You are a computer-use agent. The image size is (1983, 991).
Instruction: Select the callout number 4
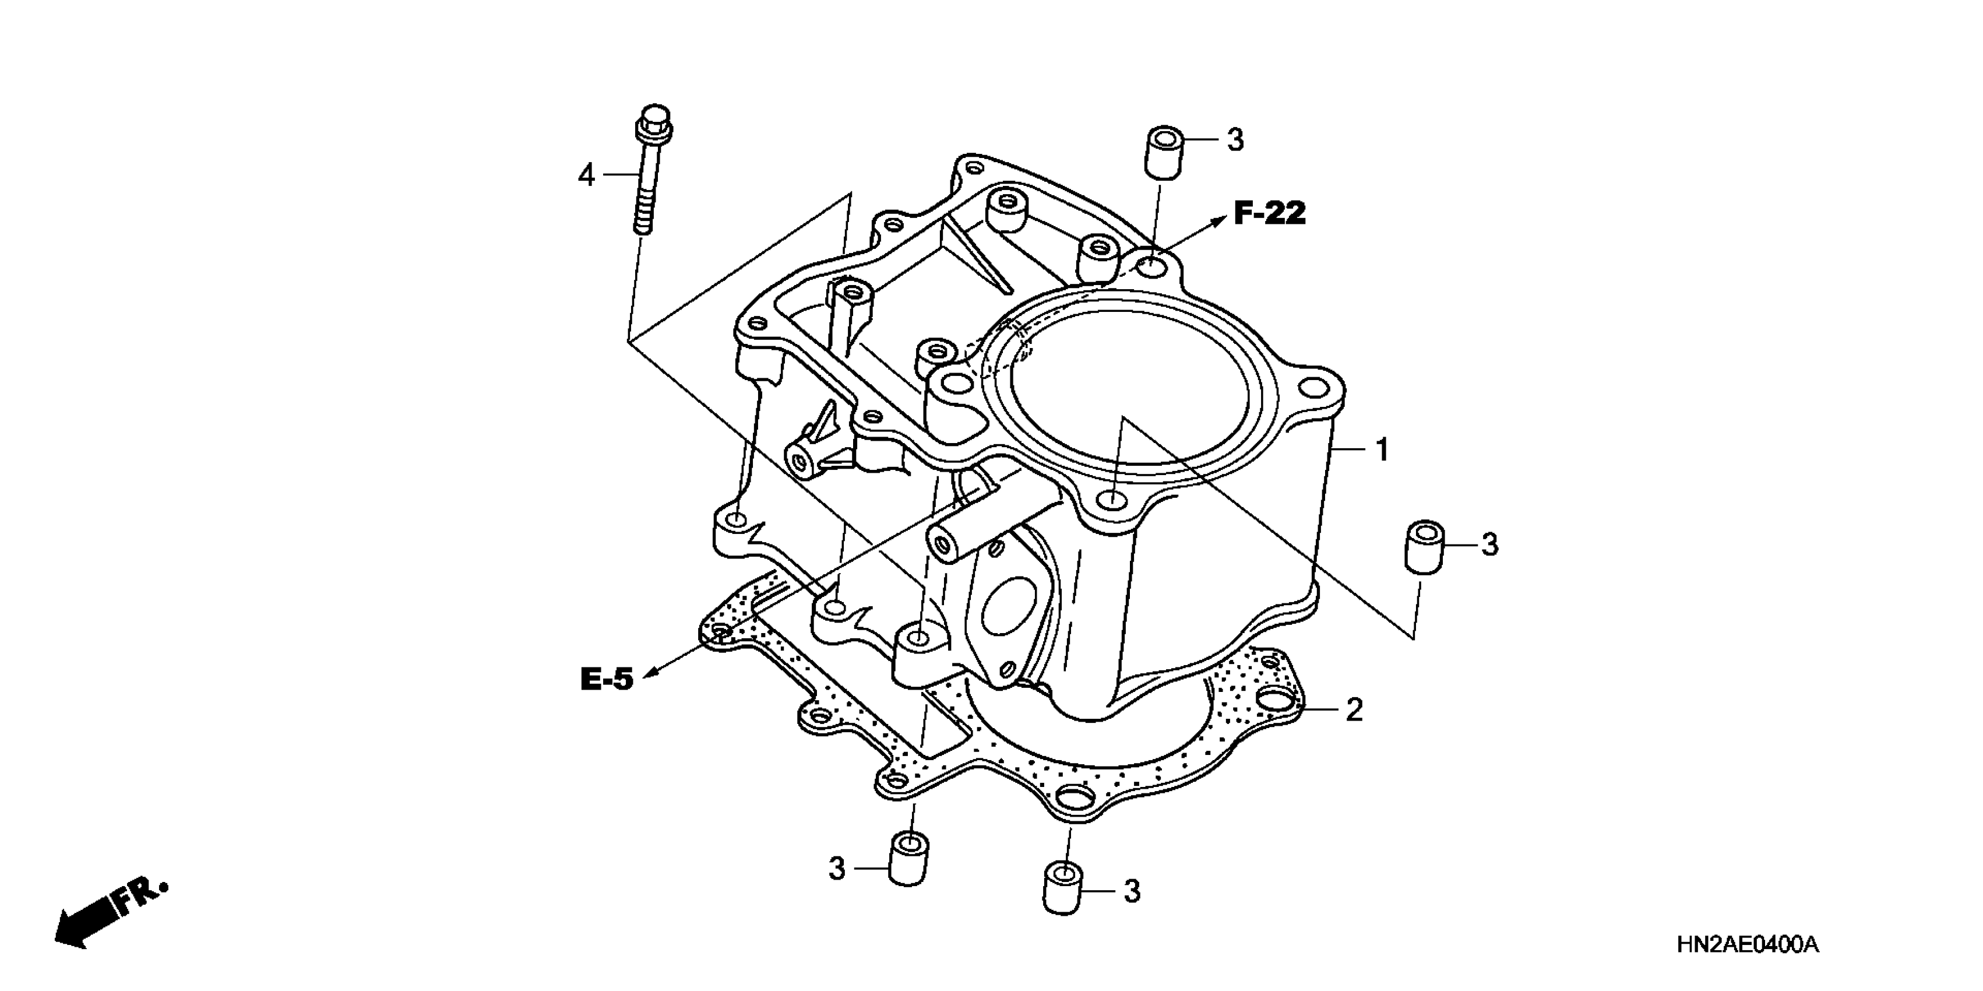[x=587, y=176]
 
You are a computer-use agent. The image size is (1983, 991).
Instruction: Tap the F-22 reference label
[x=1270, y=213]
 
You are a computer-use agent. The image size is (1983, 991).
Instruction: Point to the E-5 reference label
[x=607, y=679]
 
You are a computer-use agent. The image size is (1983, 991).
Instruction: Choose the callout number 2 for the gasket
[x=1354, y=709]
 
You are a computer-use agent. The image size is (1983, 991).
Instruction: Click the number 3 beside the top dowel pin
[x=1235, y=140]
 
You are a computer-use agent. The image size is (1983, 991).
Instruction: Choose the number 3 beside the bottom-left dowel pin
[x=837, y=869]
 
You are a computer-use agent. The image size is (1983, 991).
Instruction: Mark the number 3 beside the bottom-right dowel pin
[x=1132, y=892]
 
